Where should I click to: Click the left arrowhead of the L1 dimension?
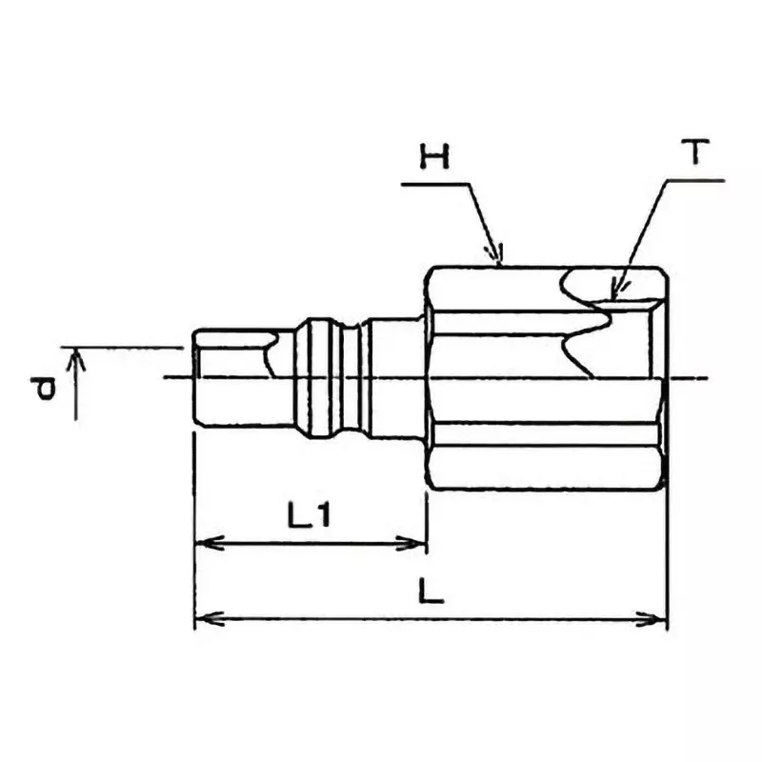point(201,544)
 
